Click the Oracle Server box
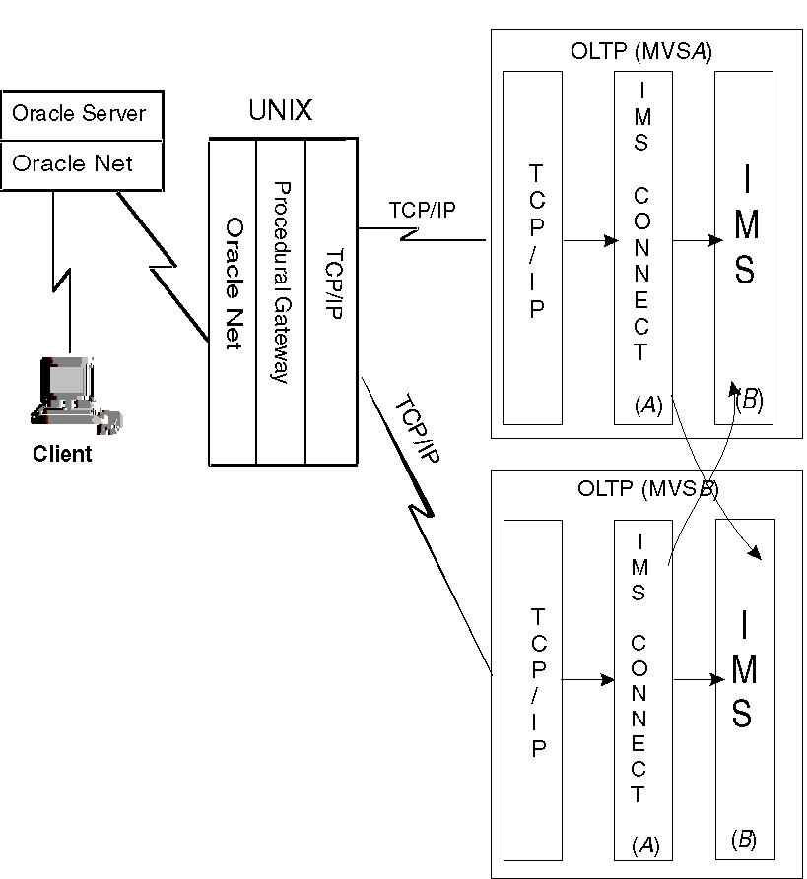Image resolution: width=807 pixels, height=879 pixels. point(79,113)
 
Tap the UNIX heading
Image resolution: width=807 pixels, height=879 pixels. point(280,111)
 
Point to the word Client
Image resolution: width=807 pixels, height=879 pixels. point(62,454)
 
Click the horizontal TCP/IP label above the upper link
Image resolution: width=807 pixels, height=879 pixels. point(422,210)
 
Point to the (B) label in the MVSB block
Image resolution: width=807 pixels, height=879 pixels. point(744,839)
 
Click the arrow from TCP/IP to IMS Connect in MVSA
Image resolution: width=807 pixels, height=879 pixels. point(588,238)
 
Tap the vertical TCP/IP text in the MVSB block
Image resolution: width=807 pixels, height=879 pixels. point(538,682)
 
